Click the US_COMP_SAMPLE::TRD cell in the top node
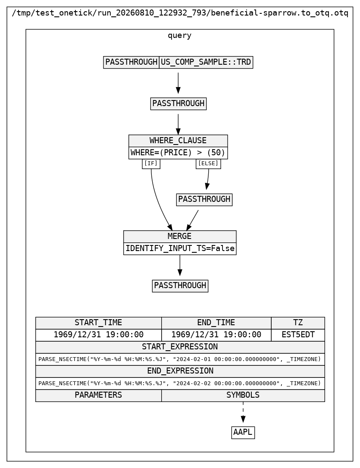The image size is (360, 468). pyautogui.click(x=206, y=62)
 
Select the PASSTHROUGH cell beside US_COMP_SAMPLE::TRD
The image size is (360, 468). pyautogui.click(x=131, y=62)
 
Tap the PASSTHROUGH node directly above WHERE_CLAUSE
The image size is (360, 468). pyautogui.click(x=178, y=104)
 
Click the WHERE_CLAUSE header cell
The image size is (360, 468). pyautogui.click(x=178, y=141)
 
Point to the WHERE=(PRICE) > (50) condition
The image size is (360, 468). pyautogui.click(x=178, y=153)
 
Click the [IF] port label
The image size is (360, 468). pyautogui.click(x=151, y=163)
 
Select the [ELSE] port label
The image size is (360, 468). pyautogui.click(x=208, y=163)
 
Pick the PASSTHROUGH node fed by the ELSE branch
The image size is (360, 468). pyautogui.click(x=204, y=199)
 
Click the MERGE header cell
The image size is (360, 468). pyautogui.click(x=180, y=236)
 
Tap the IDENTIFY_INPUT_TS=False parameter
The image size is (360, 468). pyautogui.click(x=180, y=248)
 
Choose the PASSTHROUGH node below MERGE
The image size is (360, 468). pyautogui.click(x=180, y=286)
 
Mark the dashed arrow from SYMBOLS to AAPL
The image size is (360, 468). pyautogui.click(x=243, y=412)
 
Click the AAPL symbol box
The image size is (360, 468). pyautogui.click(x=243, y=433)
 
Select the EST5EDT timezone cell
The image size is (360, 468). pyautogui.click(x=298, y=335)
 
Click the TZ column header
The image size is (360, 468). pyautogui.click(x=298, y=323)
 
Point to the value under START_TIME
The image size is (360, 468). pyautogui.click(x=98, y=335)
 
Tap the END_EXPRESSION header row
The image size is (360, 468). pyautogui.click(x=180, y=371)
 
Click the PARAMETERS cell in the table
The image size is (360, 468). pyautogui.click(x=98, y=395)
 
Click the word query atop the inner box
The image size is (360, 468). pyautogui.click(x=179, y=35)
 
